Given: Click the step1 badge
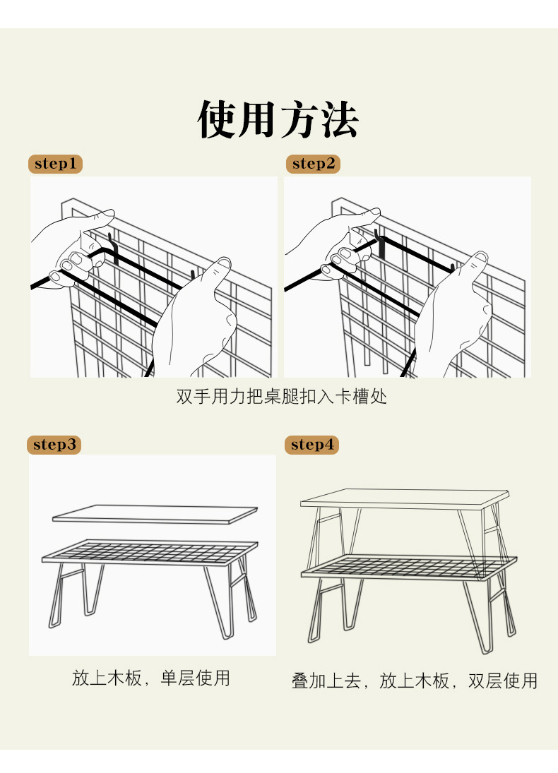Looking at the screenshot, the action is (x=55, y=164).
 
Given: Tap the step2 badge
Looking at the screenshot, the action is (x=313, y=164).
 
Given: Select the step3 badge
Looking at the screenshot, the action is (x=54, y=445).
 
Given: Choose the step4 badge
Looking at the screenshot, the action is (x=311, y=445).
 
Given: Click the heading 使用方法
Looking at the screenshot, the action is (x=278, y=119).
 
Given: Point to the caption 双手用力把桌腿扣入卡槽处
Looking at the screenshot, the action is (x=281, y=397).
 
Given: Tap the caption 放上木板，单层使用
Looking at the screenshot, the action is (x=151, y=678).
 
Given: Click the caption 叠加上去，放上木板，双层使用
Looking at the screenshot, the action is (x=415, y=681).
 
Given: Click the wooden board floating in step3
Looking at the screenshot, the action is (x=154, y=514).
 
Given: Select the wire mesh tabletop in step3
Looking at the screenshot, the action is (x=148, y=551).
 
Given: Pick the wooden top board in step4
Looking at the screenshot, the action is (x=404, y=498).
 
